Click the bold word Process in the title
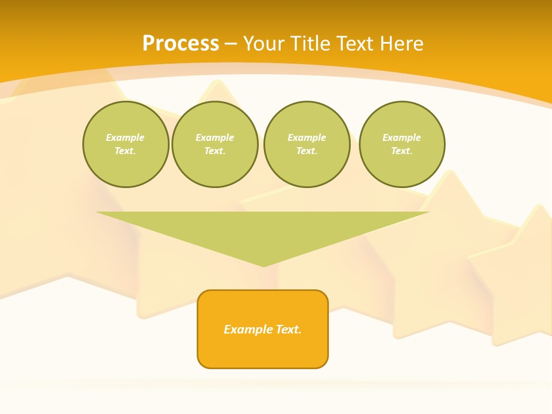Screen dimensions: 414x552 (x=181, y=44)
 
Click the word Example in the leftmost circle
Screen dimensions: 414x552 (x=125, y=137)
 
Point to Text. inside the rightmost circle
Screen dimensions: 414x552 (x=402, y=151)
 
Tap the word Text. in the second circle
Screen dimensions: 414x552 (x=215, y=151)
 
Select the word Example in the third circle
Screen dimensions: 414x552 (x=307, y=137)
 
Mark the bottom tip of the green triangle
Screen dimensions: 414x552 (x=263, y=265)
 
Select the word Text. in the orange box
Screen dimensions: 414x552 (x=289, y=329)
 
